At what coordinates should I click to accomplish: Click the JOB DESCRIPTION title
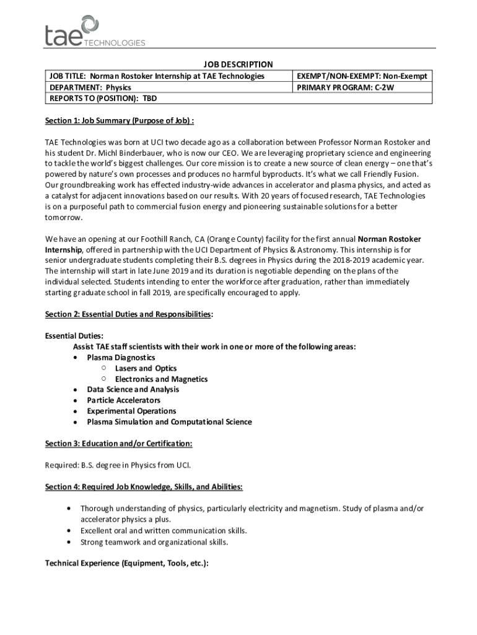(x=239, y=64)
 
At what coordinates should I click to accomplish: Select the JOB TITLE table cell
(x=155, y=76)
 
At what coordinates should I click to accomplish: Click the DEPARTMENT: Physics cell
(x=86, y=87)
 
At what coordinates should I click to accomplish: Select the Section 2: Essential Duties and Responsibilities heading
(x=129, y=314)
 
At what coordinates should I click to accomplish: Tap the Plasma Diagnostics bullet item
(x=121, y=358)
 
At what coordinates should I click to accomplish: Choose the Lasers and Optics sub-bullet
(x=146, y=368)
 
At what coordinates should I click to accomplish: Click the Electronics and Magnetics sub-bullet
(x=161, y=379)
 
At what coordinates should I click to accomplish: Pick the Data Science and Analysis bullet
(x=133, y=389)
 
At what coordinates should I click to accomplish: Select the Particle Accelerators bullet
(x=123, y=401)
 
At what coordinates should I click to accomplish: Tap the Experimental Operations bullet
(x=131, y=411)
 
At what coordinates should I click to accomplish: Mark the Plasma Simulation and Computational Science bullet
(x=169, y=422)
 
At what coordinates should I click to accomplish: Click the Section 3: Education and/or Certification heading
(x=118, y=443)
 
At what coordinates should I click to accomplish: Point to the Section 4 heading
(x=144, y=487)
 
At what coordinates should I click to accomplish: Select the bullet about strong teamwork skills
(x=154, y=542)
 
